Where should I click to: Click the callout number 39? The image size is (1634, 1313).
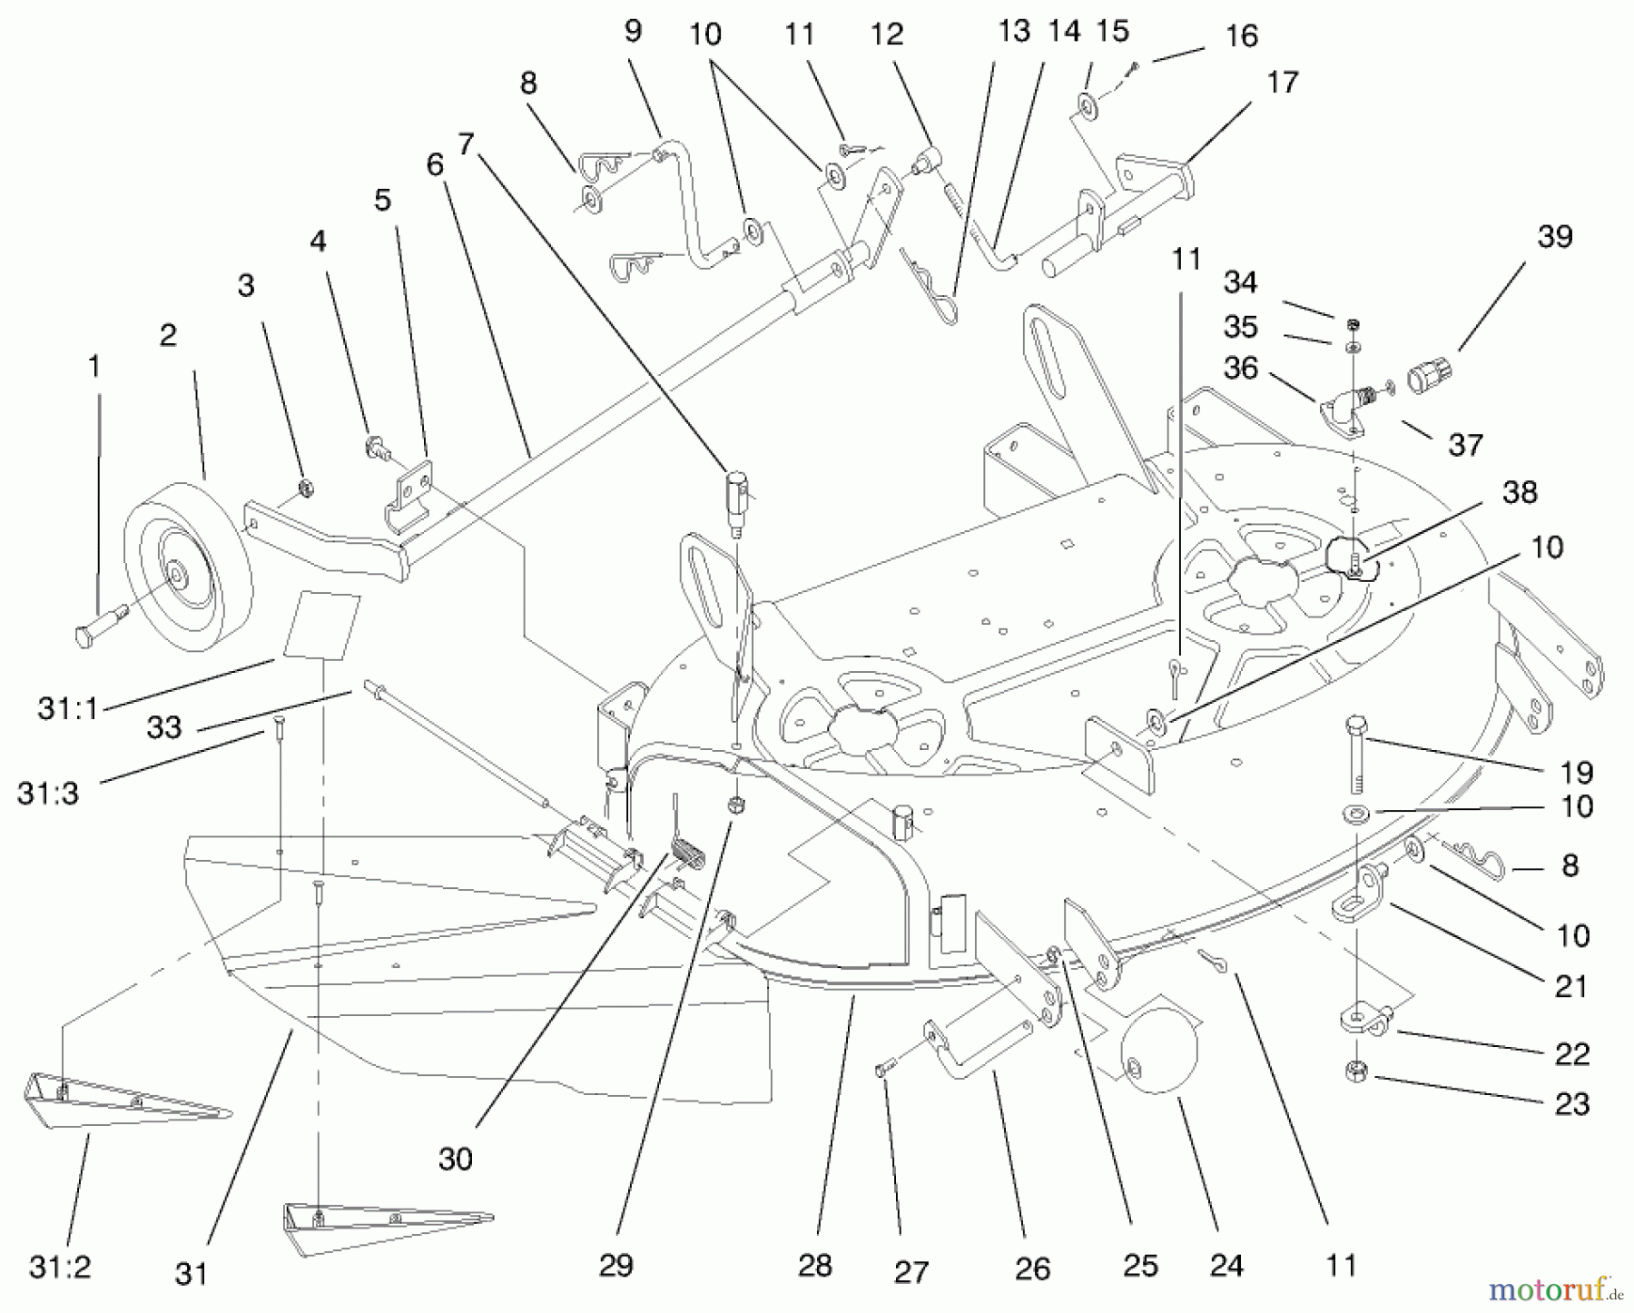(x=1554, y=238)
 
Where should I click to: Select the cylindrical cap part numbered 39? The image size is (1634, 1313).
(x=1429, y=374)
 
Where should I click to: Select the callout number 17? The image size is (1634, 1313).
(x=1282, y=84)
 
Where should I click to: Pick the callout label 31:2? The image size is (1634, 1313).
(x=60, y=1268)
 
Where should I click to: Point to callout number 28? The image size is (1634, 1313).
(x=814, y=1266)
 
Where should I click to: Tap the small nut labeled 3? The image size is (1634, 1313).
(x=307, y=488)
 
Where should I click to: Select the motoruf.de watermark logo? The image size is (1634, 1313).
(x=1553, y=1288)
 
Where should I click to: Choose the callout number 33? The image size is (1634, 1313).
(x=163, y=726)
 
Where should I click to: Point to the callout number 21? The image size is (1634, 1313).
(x=1570, y=987)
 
